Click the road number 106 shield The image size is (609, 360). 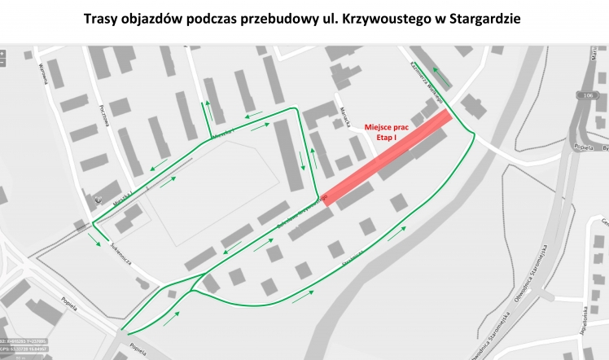point(587,96)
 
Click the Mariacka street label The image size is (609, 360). point(344,113)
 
